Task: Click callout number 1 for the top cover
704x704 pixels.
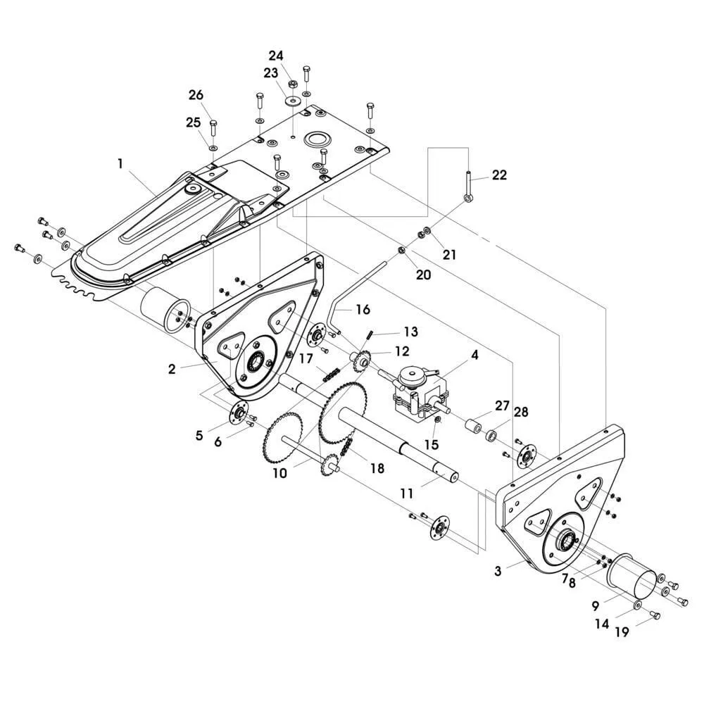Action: point(120,163)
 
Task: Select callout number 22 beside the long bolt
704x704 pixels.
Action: point(499,175)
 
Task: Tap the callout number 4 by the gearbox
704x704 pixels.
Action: point(475,356)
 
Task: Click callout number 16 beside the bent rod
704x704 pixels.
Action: point(363,309)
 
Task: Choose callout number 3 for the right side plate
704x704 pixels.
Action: point(498,571)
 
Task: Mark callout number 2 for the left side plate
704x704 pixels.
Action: point(172,367)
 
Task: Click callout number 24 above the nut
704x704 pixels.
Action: point(276,55)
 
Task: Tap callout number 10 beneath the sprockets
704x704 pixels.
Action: point(280,473)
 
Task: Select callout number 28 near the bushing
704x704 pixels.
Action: point(520,411)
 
